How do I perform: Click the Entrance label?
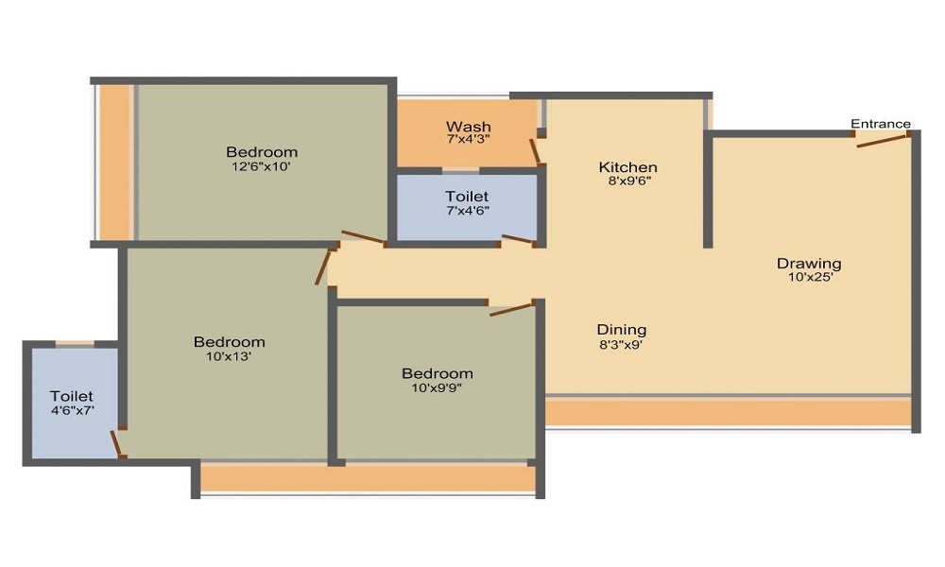pos(881,124)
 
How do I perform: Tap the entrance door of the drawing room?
pos(883,140)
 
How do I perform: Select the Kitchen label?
pos(627,167)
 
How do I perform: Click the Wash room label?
pos(468,127)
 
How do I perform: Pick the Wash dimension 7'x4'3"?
pos(468,139)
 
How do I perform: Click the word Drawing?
pos(809,263)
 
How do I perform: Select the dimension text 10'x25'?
pos(809,277)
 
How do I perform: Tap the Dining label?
pos(621,330)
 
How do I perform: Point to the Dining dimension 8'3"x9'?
pos(621,344)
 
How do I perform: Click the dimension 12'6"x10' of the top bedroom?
pos(261,166)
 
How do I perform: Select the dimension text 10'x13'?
pos(229,356)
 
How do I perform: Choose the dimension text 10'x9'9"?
pos(437,387)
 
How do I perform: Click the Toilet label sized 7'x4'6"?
pos(467,197)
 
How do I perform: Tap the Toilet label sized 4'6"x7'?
pos(72,396)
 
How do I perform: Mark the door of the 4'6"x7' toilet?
pos(117,443)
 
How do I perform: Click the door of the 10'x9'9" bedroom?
pos(513,308)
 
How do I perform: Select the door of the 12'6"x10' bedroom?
pos(363,238)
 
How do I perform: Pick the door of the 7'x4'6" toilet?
pos(518,240)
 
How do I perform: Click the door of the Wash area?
pos(535,151)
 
